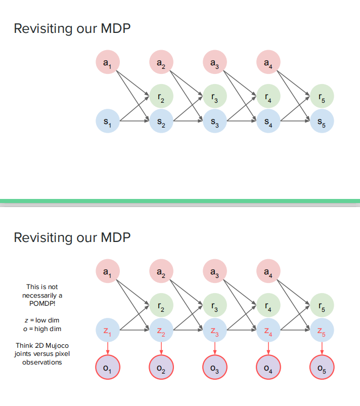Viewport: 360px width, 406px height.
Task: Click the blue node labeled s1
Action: click(107, 121)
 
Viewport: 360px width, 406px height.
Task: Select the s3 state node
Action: click(214, 121)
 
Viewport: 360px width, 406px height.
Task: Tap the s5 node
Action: click(322, 121)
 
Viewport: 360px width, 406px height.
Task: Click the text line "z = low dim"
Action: click(42, 320)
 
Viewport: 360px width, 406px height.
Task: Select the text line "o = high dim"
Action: click(42, 329)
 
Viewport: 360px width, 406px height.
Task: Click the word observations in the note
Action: click(42, 362)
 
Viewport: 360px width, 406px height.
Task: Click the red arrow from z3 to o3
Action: click(214, 348)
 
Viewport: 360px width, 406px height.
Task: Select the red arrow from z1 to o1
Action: click(107, 348)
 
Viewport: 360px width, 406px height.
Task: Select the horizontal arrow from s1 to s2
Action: click(134, 121)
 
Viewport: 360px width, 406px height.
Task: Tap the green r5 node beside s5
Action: click(322, 96)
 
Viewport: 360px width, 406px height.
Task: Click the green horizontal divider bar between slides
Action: click(180, 201)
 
